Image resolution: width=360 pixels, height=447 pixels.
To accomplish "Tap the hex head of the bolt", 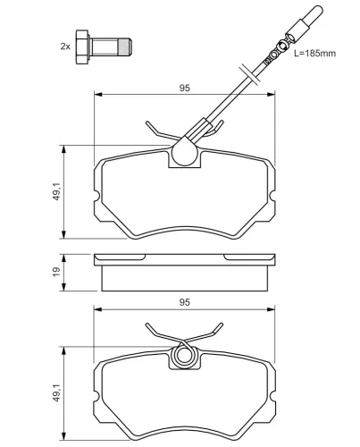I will coord(83,44).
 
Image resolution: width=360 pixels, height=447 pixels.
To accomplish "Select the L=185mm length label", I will coord(314,55).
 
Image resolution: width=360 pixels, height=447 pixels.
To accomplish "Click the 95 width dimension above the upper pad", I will coord(183,87).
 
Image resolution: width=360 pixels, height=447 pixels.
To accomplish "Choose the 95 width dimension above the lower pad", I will coord(185,303).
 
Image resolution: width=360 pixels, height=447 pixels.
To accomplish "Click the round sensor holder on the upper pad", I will coord(185,155).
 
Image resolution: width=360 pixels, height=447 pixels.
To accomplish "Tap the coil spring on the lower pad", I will coord(185,356).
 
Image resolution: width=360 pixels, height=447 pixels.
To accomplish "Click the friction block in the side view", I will coord(184,278).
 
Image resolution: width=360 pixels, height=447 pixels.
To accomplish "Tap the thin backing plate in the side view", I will coord(184,260).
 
